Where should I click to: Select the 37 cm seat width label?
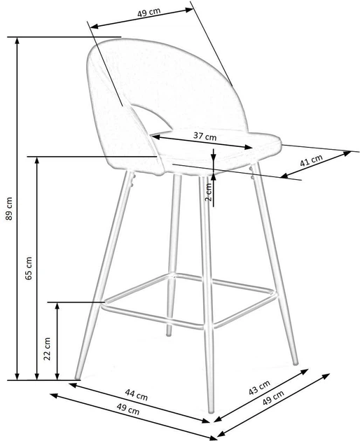click(205, 135)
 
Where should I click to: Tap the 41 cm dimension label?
click(310, 160)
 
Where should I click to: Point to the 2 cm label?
click(208, 193)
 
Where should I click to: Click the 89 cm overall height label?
click(8, 209)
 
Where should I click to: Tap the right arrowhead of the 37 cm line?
click(250, 148)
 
